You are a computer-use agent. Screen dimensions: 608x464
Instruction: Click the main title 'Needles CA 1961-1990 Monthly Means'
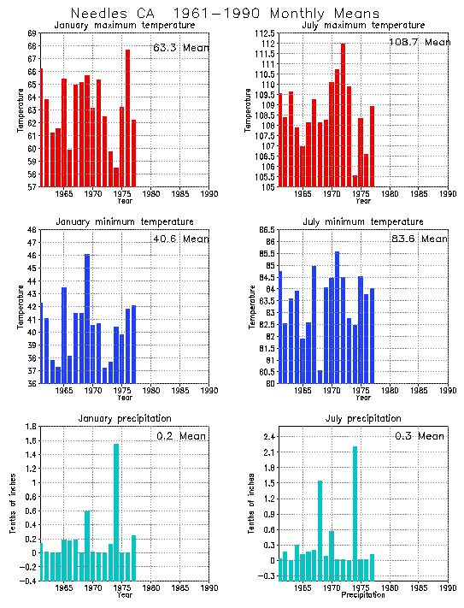click(x=230, y=14)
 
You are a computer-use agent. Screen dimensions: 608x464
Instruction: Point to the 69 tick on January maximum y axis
click(x=31, y=33)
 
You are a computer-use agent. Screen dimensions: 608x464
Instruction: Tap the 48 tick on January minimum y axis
click(x=31, y=230)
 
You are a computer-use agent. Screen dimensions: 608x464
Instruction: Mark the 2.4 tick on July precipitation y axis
click(x=267, y=438)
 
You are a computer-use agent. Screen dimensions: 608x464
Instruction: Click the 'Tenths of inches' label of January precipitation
click(x=13, y=505)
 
